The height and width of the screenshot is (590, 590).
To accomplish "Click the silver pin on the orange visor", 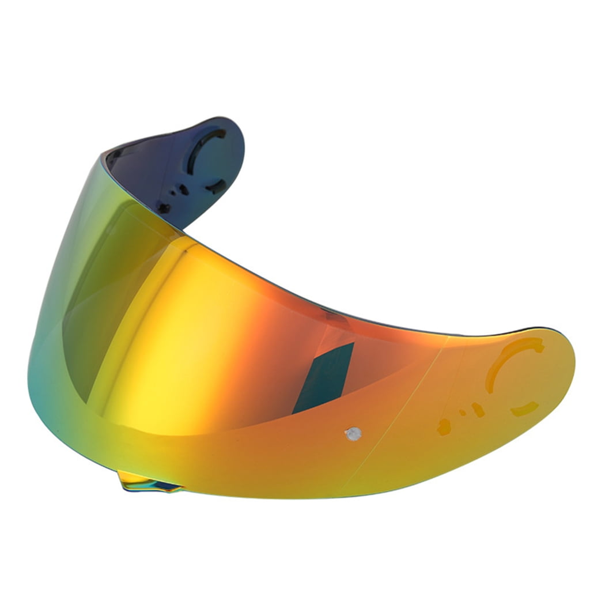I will click(352, 433).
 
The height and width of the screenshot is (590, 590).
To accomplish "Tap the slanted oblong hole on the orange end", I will click(478, 409).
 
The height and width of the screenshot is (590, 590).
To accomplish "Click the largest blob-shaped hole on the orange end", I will click(444, 427).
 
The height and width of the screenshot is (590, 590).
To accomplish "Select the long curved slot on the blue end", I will click(202, 146).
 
